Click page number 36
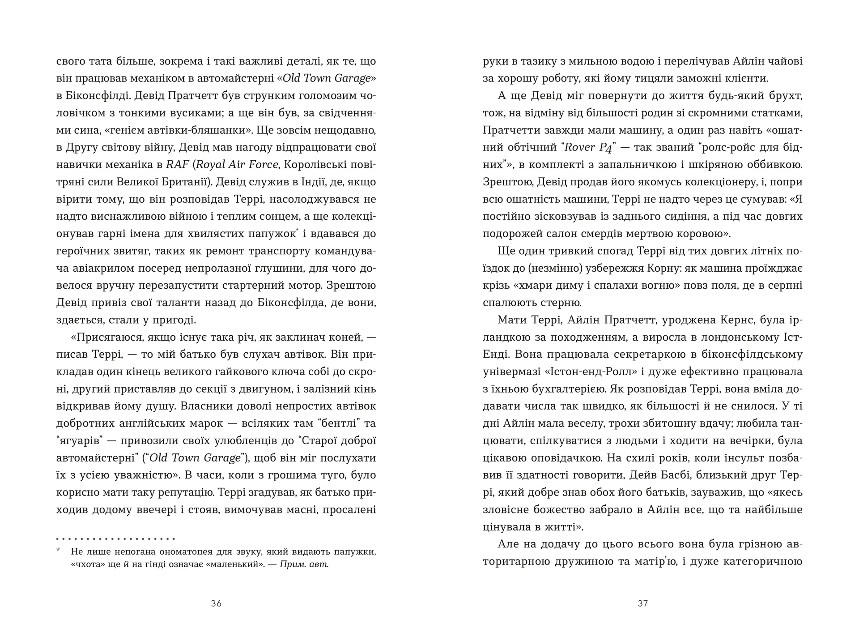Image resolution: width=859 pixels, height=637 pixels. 216,603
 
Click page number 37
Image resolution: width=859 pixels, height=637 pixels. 642,603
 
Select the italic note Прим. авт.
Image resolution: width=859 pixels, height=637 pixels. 304,564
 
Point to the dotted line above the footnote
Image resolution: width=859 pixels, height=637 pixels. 115,539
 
